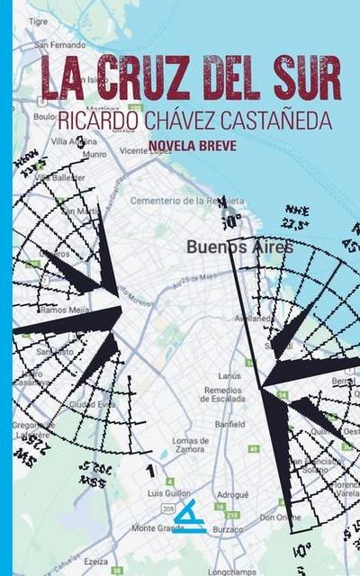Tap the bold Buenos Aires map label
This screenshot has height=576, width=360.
(239, 246)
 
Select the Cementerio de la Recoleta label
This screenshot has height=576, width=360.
(186, 200)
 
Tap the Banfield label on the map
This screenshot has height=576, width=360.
(229, 422)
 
